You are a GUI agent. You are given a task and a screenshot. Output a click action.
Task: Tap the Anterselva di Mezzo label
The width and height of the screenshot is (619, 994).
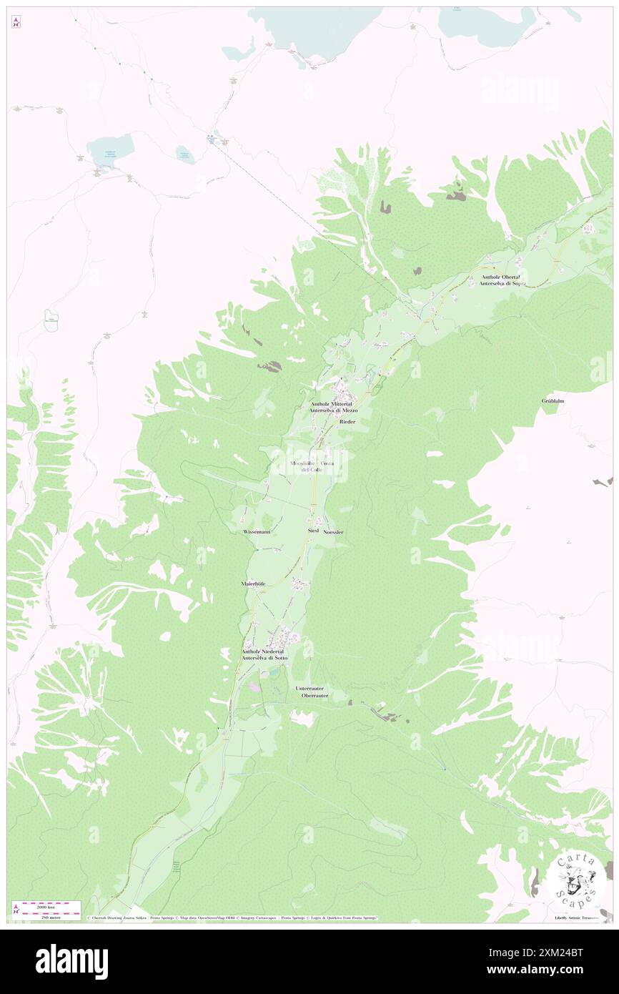[x=333, y=411]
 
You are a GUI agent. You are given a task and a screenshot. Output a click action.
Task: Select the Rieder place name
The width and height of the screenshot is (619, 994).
[x=347, y=423]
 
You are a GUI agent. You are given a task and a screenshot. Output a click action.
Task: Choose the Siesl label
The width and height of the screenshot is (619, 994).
[x=312, y=532]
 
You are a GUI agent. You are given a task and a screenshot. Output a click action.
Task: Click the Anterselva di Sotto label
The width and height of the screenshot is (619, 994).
[x=264, y=659]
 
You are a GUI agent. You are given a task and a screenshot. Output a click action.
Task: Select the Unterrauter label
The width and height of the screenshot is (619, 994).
[x=310, y=689]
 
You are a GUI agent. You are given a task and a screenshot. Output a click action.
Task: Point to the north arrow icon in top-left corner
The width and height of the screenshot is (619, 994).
[x=16, y=23]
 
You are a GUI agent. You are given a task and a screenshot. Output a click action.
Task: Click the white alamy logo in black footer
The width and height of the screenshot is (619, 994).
[x=71, y=962]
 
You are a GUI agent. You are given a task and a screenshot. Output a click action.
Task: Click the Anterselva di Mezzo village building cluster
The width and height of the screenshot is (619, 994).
[x=342, y=390]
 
